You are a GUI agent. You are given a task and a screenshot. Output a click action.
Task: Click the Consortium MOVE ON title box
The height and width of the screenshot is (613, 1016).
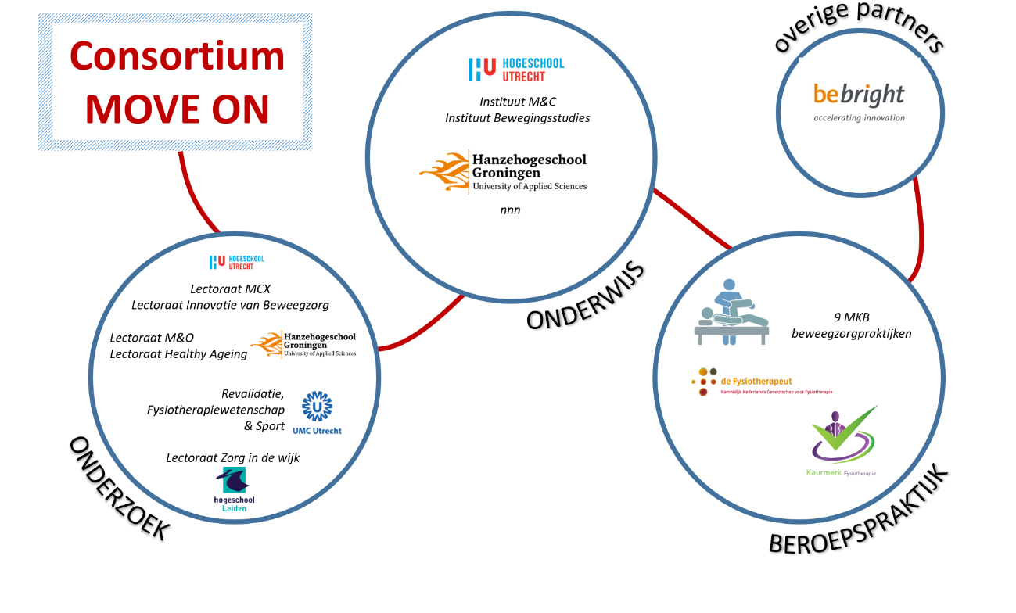tap(176, 82)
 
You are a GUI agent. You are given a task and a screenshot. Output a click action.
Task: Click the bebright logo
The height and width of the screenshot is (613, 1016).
tap(859, 95)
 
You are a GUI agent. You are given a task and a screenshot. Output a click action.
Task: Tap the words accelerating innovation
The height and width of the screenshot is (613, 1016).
tap(859, 118)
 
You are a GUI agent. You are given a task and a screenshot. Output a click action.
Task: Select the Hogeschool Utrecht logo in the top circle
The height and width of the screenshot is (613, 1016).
tap(515, 70)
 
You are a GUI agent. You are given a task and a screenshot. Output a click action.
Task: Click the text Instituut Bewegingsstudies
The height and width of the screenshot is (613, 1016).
tap(517, 118)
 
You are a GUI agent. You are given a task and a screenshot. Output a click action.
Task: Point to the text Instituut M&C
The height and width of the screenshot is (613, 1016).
tap(517, 102)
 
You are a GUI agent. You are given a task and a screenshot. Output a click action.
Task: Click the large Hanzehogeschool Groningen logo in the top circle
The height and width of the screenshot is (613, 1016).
tap(503, 171)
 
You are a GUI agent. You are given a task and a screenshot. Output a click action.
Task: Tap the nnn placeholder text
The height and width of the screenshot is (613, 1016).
tap(510, 210)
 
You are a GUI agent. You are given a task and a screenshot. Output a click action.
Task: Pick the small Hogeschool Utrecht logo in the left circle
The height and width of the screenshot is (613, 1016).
tap(236, 262)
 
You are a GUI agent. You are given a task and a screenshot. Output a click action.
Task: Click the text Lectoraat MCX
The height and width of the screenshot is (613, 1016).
tap(230, 289)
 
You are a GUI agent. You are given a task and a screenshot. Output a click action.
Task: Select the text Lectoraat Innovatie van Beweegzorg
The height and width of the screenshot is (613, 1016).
tap(230, 305)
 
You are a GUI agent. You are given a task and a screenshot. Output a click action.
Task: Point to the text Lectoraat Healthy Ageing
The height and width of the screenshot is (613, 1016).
tap(178, 354)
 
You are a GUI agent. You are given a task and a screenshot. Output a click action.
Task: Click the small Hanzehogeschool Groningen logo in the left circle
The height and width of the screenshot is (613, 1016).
tap(303, 344)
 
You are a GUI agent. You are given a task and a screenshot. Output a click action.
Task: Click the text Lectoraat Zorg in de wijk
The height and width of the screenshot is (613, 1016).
tap(232, 457)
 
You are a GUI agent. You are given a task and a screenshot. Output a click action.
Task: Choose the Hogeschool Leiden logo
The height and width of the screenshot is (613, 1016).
tap(234, 489)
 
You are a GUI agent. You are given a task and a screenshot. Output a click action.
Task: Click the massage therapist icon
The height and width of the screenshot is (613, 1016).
tap(731, 312)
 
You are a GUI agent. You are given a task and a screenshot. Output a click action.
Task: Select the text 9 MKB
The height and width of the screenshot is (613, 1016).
tap(851, 317)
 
